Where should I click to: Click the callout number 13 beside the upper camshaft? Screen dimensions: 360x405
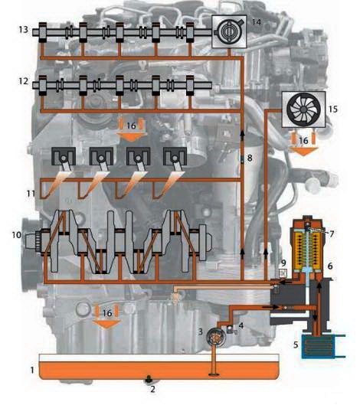click(x=24, y=29)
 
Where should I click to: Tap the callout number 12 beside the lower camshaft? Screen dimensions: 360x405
click(x=24, y=81)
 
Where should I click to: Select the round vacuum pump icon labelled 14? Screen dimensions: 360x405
click(x=229, y=31)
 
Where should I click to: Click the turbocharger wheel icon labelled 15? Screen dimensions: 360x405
click(x=303, y=109)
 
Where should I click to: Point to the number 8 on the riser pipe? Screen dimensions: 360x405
click(x=250, y=158)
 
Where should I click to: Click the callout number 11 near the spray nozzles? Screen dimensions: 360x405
click(x=31, y=193)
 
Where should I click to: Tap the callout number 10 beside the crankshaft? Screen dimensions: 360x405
click(x=17, y=235)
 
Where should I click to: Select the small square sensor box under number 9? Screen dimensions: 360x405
click(x=283, y=273)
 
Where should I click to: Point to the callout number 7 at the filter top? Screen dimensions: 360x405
click(x=332, y=234)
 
